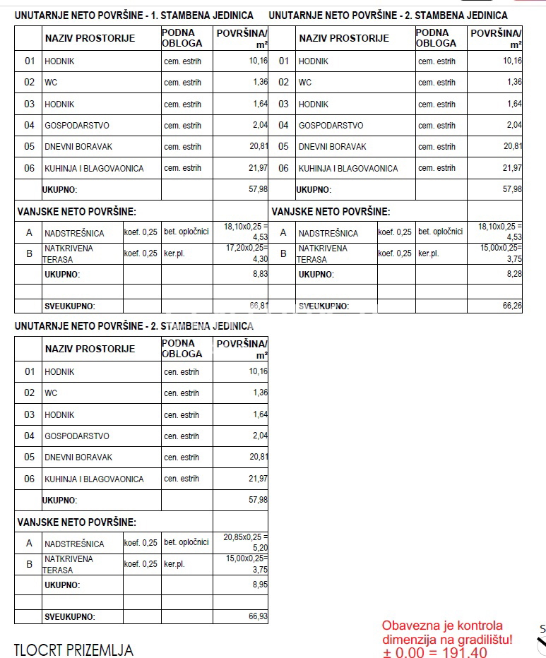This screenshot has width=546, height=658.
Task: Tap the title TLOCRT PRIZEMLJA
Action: pyautogui.click(x=73, y=650)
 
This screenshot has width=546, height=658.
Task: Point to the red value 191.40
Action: pyautogui.click(x=463, y=652)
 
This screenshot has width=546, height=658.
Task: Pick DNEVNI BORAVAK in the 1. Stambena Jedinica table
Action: pyautogui.click(x=78, y=147)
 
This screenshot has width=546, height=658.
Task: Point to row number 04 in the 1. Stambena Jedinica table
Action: pyautogui.click(x=30, y=125)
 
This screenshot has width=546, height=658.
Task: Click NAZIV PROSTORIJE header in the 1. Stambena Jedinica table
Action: pyautogui.click(x=90, y=38)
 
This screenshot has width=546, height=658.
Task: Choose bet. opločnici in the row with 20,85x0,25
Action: pyautogui.click(x=186, y=542)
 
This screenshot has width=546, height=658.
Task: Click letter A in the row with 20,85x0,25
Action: pyautogui.click(x=29, y=543)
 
